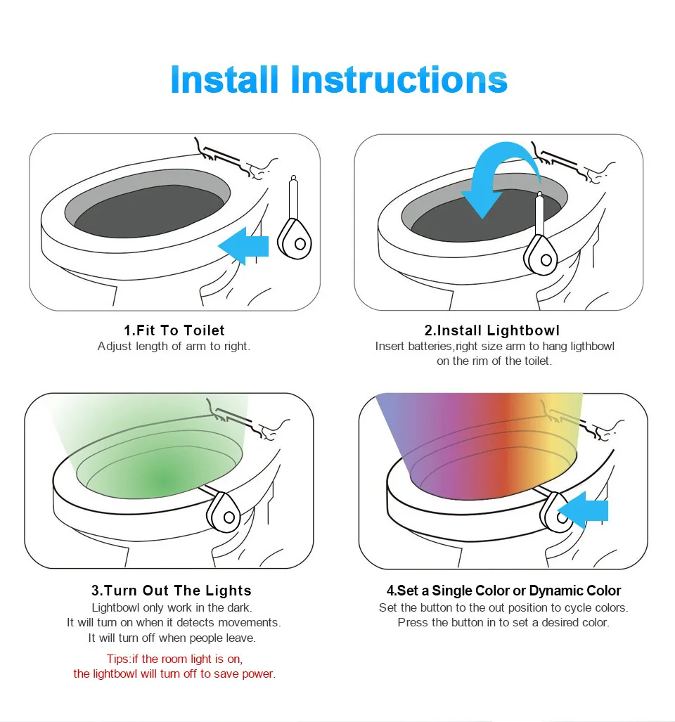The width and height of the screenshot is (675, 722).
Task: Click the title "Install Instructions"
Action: [338, 79]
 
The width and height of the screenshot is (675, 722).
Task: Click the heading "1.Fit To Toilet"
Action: [174, 330]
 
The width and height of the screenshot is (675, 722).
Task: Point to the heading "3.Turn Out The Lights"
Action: [172, 591]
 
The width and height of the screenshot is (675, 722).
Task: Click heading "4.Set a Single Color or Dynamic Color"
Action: [503, 591]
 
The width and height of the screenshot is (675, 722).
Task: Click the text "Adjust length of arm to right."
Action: [174, 347]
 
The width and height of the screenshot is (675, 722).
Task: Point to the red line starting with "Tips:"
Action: [174, 659]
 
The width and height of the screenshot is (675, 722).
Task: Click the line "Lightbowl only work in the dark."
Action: [172, 607]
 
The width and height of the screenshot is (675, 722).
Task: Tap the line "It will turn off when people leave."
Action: [172, 638]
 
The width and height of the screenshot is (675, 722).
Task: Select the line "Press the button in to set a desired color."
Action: [503, 623]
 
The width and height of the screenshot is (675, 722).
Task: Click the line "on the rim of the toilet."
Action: [494, 361]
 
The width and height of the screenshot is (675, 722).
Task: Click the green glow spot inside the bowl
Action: [165, 480]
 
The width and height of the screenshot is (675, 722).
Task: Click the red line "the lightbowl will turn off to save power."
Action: [174, 674]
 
